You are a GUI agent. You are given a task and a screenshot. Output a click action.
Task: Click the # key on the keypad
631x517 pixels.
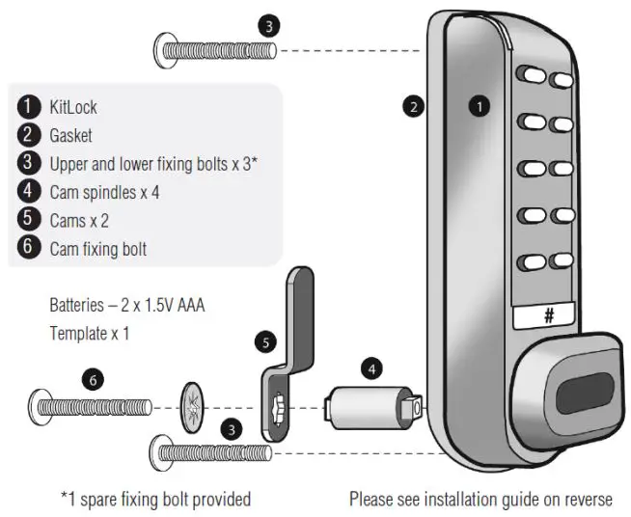(545, 314)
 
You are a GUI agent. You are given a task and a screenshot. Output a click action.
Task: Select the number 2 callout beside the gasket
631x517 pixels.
(413, 108)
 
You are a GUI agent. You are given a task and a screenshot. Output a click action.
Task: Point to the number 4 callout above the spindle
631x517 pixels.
(372, 367)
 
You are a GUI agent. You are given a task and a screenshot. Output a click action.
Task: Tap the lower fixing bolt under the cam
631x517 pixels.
(208, 449)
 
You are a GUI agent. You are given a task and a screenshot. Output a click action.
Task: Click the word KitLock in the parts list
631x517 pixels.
(73, 106)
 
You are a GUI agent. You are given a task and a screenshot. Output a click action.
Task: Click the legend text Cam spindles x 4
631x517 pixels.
(104, 193)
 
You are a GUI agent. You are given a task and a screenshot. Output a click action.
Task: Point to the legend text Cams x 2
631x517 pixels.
(79, 221)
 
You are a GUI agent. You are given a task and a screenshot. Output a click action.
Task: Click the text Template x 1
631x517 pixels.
(89, 334)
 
